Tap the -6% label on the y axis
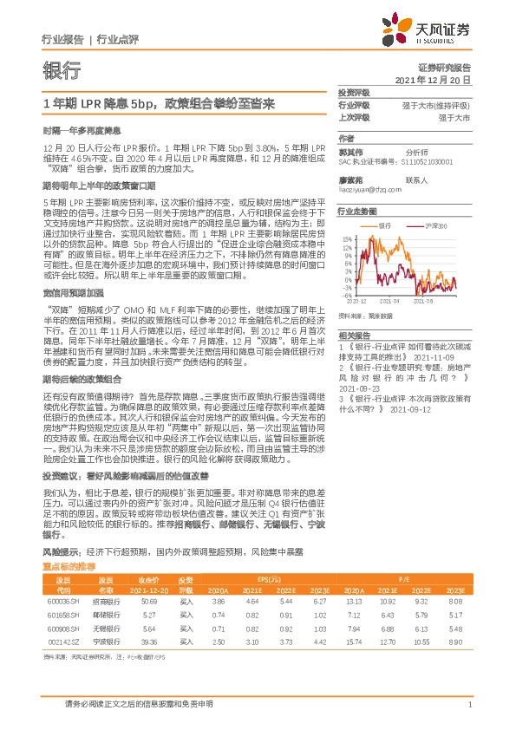347,294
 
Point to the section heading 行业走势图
357,211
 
